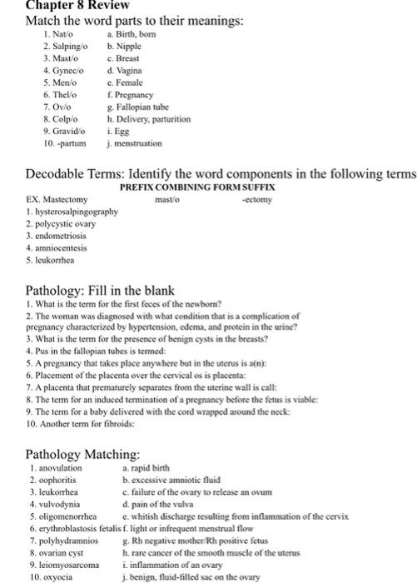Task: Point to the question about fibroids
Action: coord(76,424)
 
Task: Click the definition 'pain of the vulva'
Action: coord(161,504)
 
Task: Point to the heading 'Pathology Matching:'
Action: coord(83,454)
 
